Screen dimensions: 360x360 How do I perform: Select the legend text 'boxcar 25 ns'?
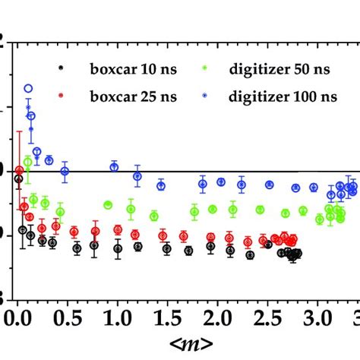tap(118, 98)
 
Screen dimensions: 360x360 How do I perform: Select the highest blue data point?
tap(29, 89)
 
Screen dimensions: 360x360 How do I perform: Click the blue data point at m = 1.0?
tap(114, 166)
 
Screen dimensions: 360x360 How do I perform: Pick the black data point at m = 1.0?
tap(118, 248)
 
